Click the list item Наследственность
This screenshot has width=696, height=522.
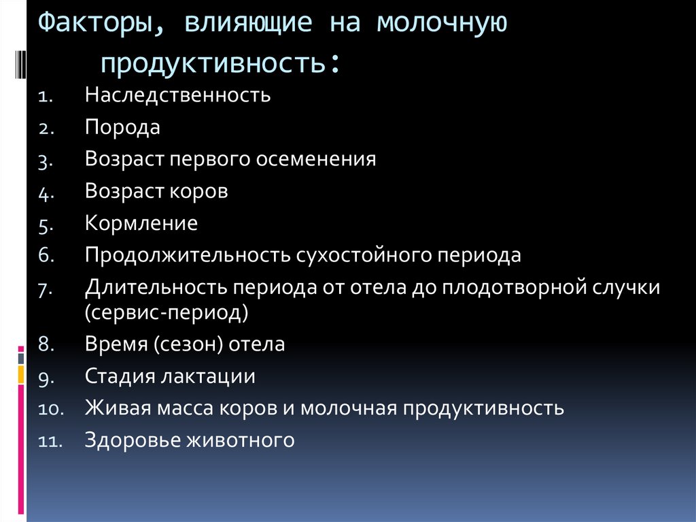pos(178,95)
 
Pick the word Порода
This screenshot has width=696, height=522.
pos(123,127)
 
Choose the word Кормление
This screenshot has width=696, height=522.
pos(141,223)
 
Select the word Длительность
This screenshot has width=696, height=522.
pos(157,287)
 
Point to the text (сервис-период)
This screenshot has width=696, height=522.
pos(167,313)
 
